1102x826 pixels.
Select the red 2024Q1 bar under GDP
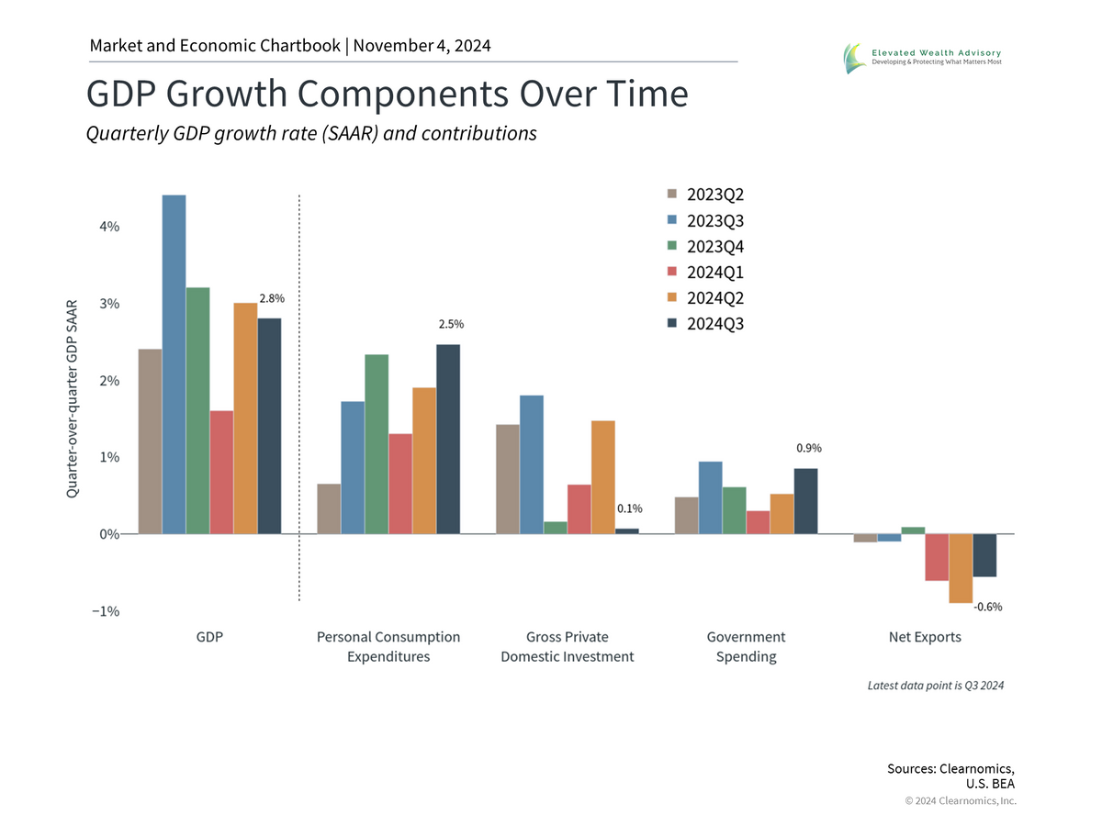pos(221,472)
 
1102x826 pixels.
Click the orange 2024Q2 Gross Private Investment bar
pos(603,477)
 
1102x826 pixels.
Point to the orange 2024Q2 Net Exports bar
pos(961,568)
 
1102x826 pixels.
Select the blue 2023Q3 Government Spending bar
pos(711,497)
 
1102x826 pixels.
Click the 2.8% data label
pos(272,298)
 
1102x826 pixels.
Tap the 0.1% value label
pos(629,508)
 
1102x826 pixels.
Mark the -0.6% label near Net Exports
pos(988,607)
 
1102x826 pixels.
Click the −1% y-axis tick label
pos(105,611)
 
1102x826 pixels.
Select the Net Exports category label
pos(925,637)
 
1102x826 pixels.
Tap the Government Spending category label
pos(746,646)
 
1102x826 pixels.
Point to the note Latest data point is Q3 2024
pos(935,686)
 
